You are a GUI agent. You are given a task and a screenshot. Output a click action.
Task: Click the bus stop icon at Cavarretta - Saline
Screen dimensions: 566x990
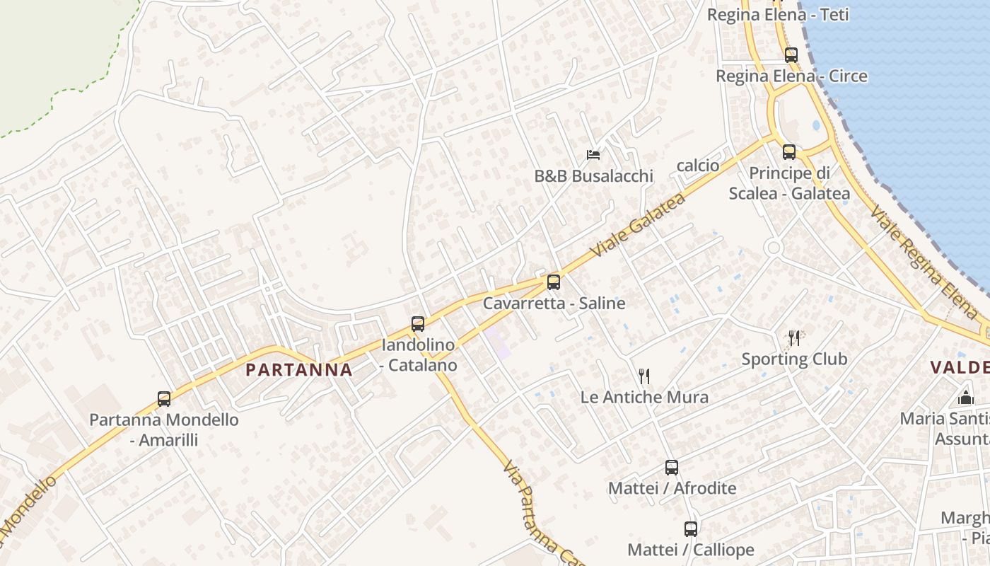554,282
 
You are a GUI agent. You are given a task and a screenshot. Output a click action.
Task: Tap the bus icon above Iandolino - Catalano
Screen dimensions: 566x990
418,324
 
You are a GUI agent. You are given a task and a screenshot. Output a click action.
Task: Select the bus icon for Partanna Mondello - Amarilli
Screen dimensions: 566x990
164,399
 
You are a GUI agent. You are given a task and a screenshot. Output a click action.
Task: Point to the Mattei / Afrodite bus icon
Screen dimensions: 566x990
672,468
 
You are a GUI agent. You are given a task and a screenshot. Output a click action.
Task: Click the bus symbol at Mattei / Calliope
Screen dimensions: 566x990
691,529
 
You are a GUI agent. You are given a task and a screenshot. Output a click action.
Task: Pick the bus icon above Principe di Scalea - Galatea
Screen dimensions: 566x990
789,151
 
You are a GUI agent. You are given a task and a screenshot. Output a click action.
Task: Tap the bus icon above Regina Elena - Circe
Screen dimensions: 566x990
791,54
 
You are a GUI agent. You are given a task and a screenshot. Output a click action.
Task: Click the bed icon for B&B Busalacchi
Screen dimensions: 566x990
593,154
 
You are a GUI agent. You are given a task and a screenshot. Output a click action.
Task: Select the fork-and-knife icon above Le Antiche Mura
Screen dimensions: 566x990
643,376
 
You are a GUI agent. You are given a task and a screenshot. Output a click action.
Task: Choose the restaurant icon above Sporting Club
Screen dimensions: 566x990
794,338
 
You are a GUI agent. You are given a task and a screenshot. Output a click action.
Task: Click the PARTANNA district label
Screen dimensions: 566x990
299,369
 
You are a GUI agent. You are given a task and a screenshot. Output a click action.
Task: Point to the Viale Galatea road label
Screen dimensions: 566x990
639,224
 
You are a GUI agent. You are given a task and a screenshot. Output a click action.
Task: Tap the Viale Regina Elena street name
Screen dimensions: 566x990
924,261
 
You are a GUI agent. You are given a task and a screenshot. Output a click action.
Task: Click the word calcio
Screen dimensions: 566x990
698,166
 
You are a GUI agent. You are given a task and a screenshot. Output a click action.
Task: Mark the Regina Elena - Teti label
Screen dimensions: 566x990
778,15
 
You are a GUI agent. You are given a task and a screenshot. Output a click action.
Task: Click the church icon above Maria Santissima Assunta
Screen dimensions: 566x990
966,397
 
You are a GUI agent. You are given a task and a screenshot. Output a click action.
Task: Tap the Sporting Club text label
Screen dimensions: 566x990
794,359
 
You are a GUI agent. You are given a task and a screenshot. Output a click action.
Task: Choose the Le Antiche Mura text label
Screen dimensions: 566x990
644,397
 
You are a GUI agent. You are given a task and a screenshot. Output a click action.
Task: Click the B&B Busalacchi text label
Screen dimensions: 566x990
594,175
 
